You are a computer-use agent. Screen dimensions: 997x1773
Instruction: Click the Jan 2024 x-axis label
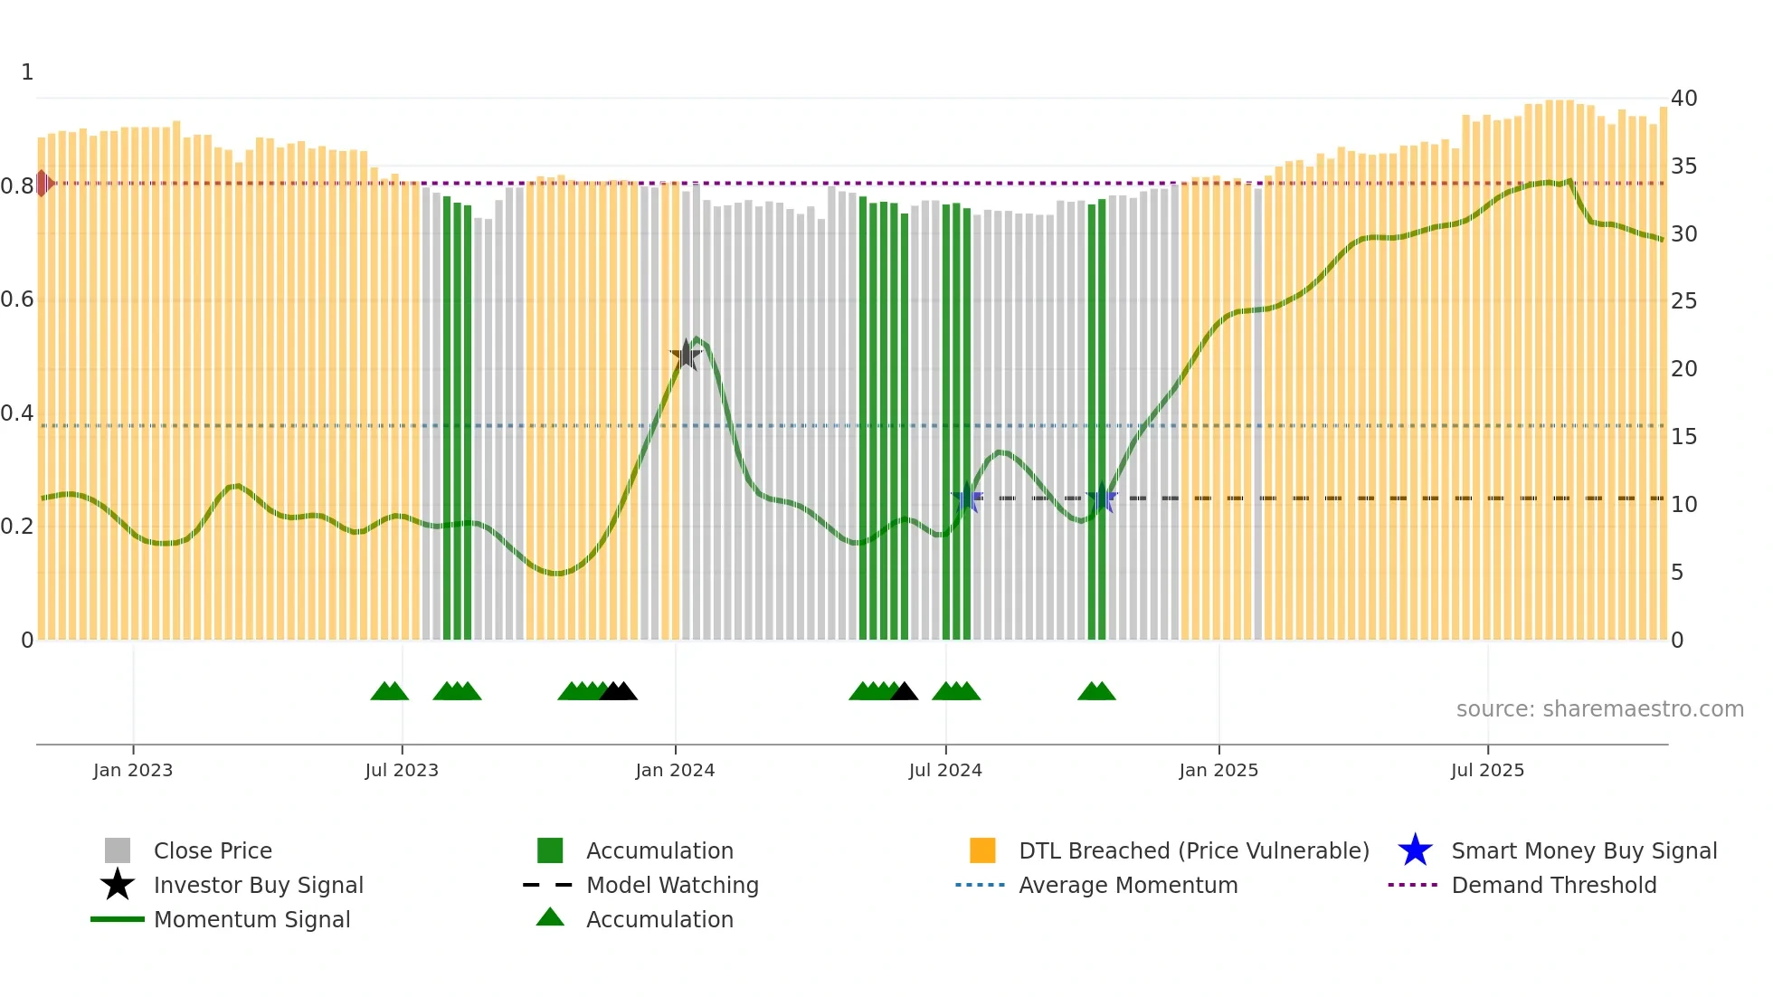tap(675, 771)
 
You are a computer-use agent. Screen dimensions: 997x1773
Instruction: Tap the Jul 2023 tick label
tap(402, 771)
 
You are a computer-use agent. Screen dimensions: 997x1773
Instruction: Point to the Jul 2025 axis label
tap(1487, 771)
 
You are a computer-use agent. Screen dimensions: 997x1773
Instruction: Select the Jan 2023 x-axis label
tap(133, 771)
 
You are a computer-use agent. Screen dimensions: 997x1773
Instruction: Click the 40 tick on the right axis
tap(1683, 99)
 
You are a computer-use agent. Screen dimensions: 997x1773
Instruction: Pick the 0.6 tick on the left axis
tap(17, 299)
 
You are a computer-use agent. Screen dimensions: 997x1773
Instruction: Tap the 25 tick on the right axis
tap(1683, 301)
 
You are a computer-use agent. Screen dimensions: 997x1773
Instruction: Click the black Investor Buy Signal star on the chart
tap(686, 355)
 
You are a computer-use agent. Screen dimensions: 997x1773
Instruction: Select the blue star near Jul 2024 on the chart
tap(967, 498)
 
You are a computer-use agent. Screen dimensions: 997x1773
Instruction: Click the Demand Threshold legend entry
tap(1553, 886)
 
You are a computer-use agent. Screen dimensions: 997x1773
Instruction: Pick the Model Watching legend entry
tap(671, 886)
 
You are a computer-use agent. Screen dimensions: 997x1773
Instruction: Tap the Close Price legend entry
tap(212, 851)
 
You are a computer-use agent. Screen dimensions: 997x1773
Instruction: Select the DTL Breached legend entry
tap(1193, 851)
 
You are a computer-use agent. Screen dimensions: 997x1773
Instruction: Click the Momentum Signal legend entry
tap(251, 920)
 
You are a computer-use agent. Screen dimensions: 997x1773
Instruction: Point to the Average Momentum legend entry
tap(1127, 886)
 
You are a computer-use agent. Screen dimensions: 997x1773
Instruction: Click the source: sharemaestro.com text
tap(1599, 709)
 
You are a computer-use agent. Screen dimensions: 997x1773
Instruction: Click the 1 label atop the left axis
tap(27, 72)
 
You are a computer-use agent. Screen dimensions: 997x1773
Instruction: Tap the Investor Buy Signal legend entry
tap(258, 886)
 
